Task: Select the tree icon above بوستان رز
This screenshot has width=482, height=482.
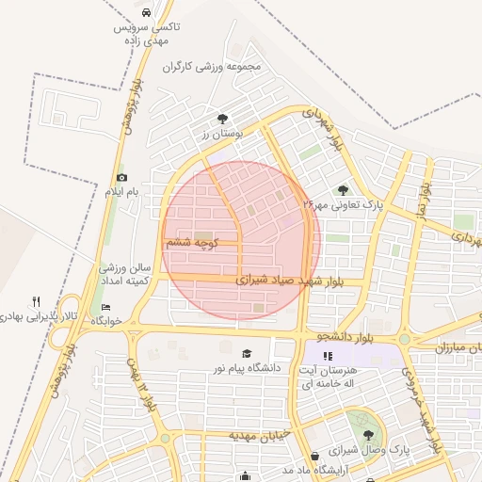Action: pos(222,119)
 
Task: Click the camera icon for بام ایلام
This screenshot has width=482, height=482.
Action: pos(121,178)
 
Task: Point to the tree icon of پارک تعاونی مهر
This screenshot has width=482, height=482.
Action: pos(343,189)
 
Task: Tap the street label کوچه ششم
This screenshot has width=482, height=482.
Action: pos(193,242)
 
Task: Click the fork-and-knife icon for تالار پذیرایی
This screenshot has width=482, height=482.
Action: pos(37,302)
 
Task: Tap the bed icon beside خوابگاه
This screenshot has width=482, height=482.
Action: pos(106,308)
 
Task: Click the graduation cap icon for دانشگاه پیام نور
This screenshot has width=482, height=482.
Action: pos(247,354)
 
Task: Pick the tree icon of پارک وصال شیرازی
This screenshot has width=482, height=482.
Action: pos(367,435)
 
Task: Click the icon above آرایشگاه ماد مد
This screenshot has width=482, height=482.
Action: pos(313,456)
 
